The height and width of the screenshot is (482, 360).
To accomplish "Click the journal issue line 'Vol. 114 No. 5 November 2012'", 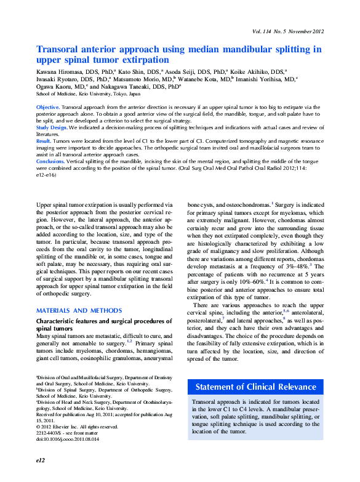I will click(x=287, y=31).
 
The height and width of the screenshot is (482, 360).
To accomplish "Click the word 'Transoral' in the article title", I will click(x=60, y=49).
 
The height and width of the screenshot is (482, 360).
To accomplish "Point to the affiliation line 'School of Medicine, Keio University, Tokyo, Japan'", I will click(x=88, y=95).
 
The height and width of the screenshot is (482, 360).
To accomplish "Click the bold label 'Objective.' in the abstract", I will click(x=48, y=107).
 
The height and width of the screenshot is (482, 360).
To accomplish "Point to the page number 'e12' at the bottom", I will click(x=41, y=459).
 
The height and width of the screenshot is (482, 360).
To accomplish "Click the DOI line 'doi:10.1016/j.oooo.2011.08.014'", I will click(x=68, y=439).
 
